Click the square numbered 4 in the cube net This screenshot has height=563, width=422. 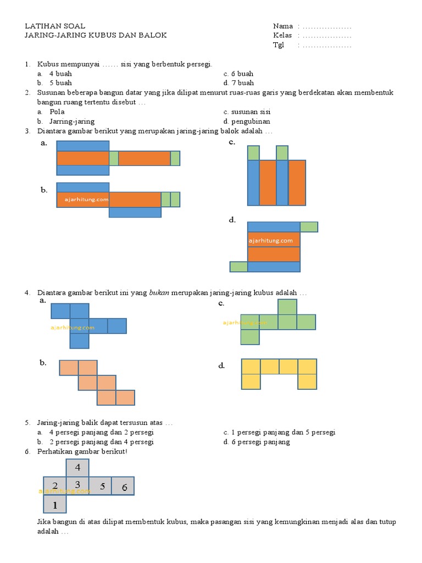(77, 468)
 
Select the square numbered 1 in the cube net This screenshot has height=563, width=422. (54, 504)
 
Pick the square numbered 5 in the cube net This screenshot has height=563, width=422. (101, 487)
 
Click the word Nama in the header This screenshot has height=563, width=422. (282, 26)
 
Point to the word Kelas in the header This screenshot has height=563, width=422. (282, 36)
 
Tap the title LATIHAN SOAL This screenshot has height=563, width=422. (55, 26)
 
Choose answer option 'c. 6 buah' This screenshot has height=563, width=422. (238, 74)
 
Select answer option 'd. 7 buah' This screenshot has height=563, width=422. (238, 83)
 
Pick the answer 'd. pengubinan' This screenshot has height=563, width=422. (247, 122)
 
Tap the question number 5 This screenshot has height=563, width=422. (26, 423)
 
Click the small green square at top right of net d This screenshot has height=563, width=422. (309, 227)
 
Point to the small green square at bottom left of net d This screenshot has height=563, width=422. (238, 267)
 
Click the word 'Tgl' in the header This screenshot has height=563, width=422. (279, 45)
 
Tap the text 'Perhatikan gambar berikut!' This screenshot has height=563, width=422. (82, 451)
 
